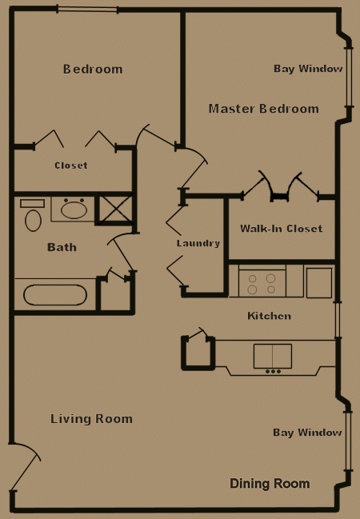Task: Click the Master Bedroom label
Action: (264, 109)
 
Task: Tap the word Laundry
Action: (198, 243)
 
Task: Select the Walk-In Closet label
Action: (281, 229)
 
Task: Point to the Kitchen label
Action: (270, 316)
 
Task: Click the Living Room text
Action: (91, 419)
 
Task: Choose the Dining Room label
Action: (270, 484)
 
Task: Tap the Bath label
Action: (62, 247)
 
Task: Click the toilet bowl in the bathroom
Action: (33, 221)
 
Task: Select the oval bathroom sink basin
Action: (74, 210)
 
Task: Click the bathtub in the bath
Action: (55, 295)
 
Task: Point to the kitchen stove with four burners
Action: (262, 283)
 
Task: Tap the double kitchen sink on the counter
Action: (273, 356)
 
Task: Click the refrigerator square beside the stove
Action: (319, 283)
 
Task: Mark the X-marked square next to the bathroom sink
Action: (114, 210)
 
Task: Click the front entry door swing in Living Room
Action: (25, 467)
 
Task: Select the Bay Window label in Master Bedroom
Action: (308, 69)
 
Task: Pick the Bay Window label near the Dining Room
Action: (307, 433)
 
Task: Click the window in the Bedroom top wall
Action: (88, 9)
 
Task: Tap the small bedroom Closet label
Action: (71, 166)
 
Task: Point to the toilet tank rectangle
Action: (32, 203)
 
